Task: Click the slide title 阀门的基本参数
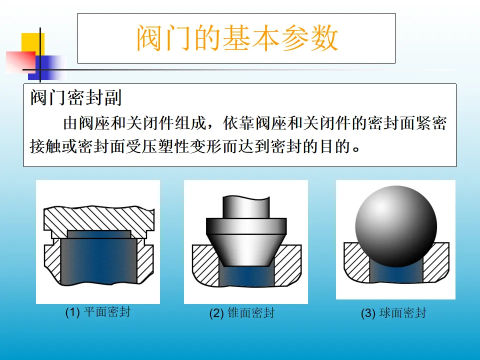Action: pyautogui.click(x=237, y=38)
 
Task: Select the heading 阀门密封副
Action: pyautogui.click(x=76, y=98)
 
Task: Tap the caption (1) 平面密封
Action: pyautogui.click(x=98, y=312)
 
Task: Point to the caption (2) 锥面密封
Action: pyautogui.click(x=242, y=313)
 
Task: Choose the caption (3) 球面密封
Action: pyautogui.click(x=393, y=313)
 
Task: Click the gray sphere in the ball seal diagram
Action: pyautogui.click(x=396, y=226)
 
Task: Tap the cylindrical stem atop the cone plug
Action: pyautogui.click(x=246, y=207)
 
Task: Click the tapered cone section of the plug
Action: pyautogui.click(x=246, y=250)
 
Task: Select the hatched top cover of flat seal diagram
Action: pyautogui.click(x=99, y=219)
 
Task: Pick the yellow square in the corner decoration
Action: pyautogui.click(x=33, y=44)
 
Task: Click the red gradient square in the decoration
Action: pyautogui.click(x=20, y=62)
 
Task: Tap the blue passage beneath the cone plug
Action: pyautogui.click(x=246, y=276)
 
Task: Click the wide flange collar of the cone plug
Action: pyautogui.click(x=246, y=226)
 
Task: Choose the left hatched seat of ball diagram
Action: pyautogui.click(x=356, y=261)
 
